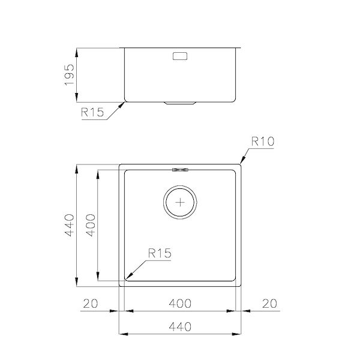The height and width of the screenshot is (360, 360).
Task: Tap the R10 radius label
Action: [x=262, y=143]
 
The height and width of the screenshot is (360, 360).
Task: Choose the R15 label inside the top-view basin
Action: [x=160, y=253]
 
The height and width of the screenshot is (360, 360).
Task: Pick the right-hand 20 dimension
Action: [x=271, y=304]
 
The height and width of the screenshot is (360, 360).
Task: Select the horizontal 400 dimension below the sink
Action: [x=180, y=304]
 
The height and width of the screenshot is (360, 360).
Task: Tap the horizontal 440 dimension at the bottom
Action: [x=180, y=327]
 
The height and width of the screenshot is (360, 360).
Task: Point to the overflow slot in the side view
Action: [x=180, y=56]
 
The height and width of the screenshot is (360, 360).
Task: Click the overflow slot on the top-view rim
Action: [x=180, y=169]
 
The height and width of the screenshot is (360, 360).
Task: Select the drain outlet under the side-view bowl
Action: [x=180, y=103]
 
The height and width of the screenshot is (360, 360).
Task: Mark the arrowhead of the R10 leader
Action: [x=242, y=163]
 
